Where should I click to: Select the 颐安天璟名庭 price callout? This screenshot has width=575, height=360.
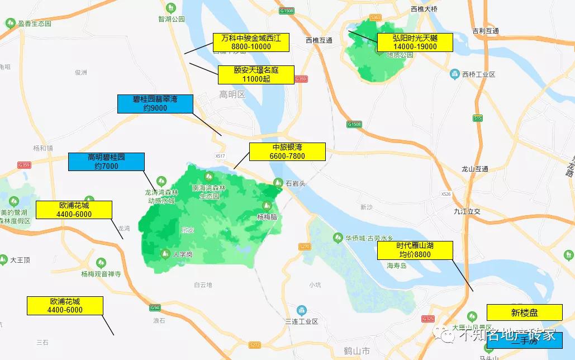point(256,75)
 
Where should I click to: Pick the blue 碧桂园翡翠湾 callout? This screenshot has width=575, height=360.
point(155,104)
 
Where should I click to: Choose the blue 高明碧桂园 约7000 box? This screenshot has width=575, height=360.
point(106,162)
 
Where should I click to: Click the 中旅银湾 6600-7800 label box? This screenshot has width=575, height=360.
point(287,151)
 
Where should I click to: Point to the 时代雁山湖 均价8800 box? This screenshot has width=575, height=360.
point(415,250)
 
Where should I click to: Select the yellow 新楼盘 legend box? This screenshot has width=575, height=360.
point(524,312)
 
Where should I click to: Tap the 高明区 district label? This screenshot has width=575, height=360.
point(232,94)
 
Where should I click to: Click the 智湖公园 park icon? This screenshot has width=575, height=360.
point(171,8)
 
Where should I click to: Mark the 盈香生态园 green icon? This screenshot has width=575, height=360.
point(9,23)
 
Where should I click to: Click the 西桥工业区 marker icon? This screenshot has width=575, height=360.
point(455,74)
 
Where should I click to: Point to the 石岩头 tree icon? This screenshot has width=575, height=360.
point(278,182)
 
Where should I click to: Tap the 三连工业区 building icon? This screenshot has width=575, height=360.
point(301,310)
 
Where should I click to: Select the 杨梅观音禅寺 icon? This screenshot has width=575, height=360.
point(101,262)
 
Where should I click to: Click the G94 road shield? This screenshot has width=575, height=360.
point(155,308)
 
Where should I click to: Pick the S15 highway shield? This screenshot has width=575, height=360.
point(477,118)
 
